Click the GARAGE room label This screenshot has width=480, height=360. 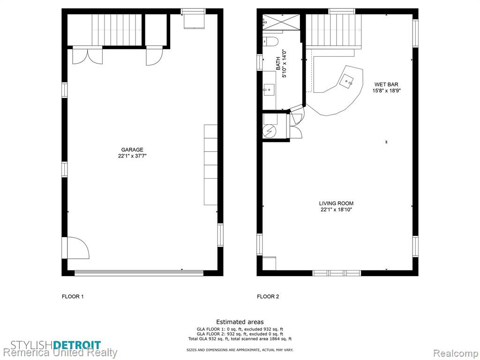tap(132, 150)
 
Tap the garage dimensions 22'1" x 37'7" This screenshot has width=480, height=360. tap(132, 156)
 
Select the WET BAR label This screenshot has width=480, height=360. tap(386, 84)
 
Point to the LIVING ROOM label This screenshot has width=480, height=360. tap(336, 203)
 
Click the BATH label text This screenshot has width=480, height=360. tap(278, 63)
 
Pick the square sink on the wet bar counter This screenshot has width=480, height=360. tap(347, 81)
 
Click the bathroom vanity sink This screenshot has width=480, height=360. tap(269, 90)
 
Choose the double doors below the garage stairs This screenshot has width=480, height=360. tap(87, 55)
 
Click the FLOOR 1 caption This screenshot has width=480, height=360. tap(73, 296)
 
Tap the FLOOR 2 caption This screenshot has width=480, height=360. tap(268, 296)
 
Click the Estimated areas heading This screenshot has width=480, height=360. tap(240, 322)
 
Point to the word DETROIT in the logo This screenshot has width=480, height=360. tap(77, 345)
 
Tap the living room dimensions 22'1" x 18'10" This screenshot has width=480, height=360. tap(336, 210)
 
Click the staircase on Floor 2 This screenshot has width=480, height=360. tap(334, 30)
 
